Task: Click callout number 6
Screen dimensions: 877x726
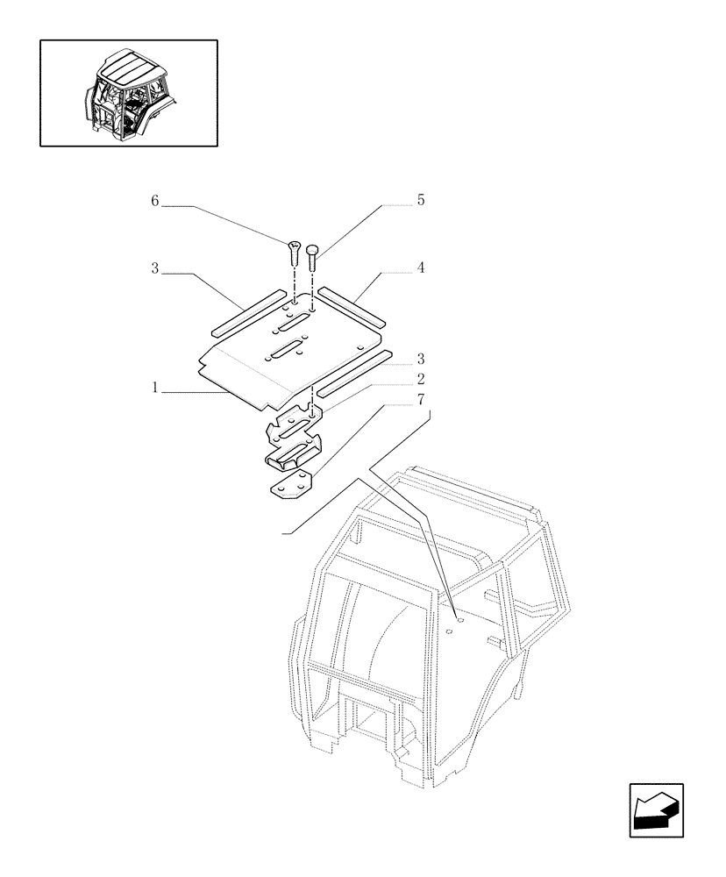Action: click(x=155, y=201)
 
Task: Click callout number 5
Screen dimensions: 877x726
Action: click(x=420, y=201)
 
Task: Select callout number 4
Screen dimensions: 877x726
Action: click(x=420, y=268)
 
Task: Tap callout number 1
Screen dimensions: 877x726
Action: click(x=155, y=387)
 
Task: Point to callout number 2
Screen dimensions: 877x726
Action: click(x=420, y=379)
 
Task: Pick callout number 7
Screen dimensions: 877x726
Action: click(x=420, y=399)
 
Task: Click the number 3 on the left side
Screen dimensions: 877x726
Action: click(x=155, y=269)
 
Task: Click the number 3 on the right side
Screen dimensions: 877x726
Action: click(x=420, y=358)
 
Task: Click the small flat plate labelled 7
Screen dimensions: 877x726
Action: click(x=289, y=485)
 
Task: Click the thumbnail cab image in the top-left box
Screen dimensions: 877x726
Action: click(x=129, y=93)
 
